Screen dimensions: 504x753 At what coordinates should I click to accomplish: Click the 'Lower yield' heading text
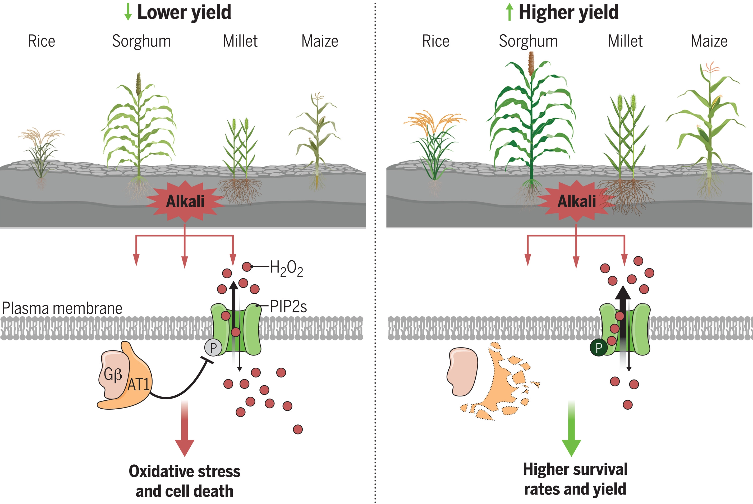tap(184, 12)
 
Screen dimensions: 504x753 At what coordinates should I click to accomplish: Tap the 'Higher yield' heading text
tap(568, 12)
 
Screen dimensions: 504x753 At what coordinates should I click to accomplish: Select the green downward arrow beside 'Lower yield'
tap(128, 12)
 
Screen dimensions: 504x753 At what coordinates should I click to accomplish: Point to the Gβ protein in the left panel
tap(113, 374)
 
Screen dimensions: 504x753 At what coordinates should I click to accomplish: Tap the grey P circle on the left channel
tap(213, 348)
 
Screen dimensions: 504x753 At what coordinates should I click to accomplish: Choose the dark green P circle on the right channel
tap(598, 348)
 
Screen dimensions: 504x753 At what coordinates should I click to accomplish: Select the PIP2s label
tap(288, 307)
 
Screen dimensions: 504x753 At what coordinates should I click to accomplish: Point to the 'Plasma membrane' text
tap(62, 308)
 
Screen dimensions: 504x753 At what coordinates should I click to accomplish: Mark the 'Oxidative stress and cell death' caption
tap(185, 481)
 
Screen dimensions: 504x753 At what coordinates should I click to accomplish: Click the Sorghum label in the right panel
tap(528, 41)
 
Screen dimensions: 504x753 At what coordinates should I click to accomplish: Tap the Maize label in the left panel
tap(320, 41)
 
